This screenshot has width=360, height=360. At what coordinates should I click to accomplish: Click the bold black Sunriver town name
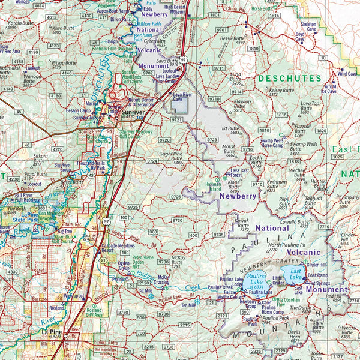(132, 112)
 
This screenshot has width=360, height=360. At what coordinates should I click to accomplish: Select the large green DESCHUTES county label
(290, 78)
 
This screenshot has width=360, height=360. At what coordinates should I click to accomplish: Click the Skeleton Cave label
(308, 26)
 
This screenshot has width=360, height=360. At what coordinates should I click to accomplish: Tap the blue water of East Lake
(295, 275)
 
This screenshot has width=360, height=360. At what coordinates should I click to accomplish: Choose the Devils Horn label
(293, 335)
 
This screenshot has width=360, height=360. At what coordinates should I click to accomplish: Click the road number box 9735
(218, 235)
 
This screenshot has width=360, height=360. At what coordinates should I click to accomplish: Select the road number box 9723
(211, 139)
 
